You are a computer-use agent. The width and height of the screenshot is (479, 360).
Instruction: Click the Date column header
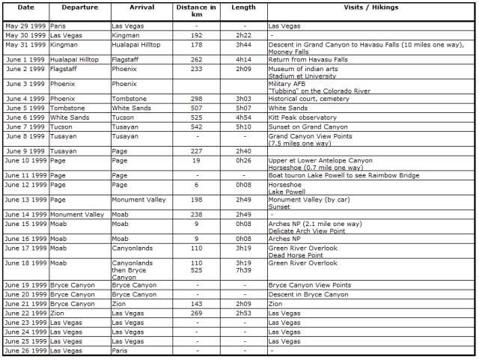pyautogui.click(x=25, y=7)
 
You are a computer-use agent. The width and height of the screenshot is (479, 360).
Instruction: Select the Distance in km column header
pyautogui.click(x=197, y=11)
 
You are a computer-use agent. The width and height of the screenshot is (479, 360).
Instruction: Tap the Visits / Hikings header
pyautogui.click(x=372, y=7)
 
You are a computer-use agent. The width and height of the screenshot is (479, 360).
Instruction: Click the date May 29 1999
pyautogui.click(x=25, y=25)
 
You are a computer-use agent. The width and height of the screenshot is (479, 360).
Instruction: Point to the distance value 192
pyautogui.click(x=197, y=34)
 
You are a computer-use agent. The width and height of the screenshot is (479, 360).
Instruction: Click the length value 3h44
pyautogui.click(x=245, y=44)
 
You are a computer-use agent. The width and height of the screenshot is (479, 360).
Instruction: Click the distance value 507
pyautogui.click(x=197, y=108)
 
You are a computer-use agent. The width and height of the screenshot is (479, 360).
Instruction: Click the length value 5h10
pyautogui.click(x=245, y=127)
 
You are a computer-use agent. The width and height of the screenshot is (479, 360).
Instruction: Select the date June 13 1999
pyautogui.click(x=25, y=200)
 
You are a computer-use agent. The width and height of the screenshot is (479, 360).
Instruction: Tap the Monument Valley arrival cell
pyautogui.click(x=138, y=200)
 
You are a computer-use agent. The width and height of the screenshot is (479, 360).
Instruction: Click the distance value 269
pyautogui.click(x=197, y=314)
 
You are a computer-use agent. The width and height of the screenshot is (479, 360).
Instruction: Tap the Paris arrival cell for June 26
pyautogui.click(x=121, y=350)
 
